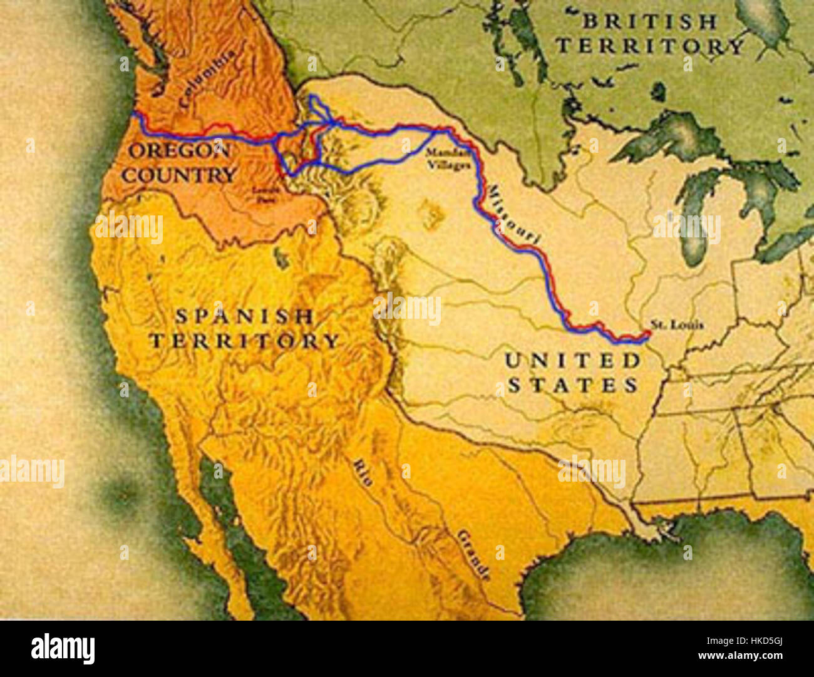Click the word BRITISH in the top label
pyautogui.click(x=650, y=22)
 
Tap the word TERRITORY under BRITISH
pyautogui.click(x=650, y=46)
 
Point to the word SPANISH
pyautogui.click(x=244, y=317)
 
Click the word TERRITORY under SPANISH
pyautogui.click(x=244, y=341)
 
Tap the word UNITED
pyautogui.click(x=573, y=361)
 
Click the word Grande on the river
pyautogui.click(x=473, y=554)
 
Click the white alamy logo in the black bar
pyautogui.click(x=63, y=649)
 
